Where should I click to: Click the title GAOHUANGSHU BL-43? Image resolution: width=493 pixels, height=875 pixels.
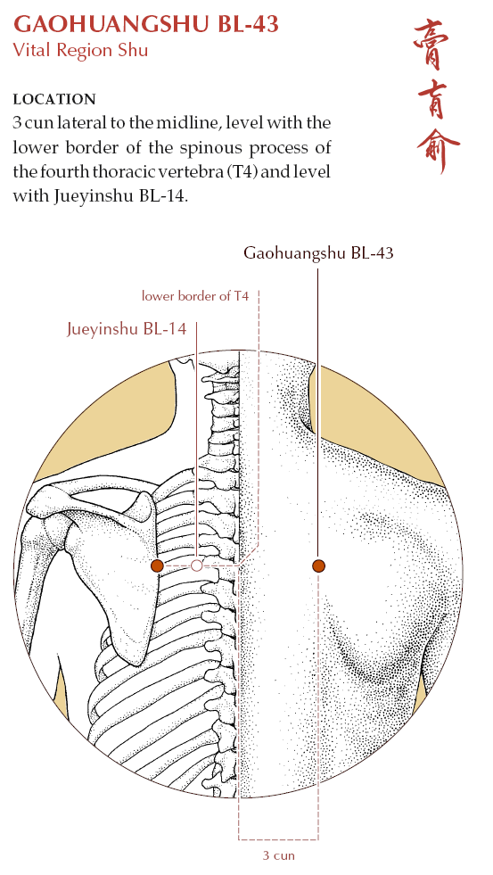click(x=145, y=24)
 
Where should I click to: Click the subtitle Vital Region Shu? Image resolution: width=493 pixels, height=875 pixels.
click(x=80, y=50)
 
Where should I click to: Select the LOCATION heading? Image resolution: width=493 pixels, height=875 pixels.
click(x=54, y=99)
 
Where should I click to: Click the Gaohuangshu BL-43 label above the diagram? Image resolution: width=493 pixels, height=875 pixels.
click(x=318, y=253)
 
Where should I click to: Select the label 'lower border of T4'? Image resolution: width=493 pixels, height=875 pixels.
click(x=194, y=296)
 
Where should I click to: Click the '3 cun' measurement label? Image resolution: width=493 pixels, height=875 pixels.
click(x=278, y=854)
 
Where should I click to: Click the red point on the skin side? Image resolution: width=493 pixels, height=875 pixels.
click(x=318, y=565)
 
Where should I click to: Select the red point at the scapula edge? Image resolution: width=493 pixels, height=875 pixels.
click(x=157, y=565)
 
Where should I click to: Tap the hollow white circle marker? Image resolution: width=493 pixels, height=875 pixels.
click(x=196, y=565)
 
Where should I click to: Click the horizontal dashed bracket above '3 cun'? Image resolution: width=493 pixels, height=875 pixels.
click(x=278, y=838)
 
